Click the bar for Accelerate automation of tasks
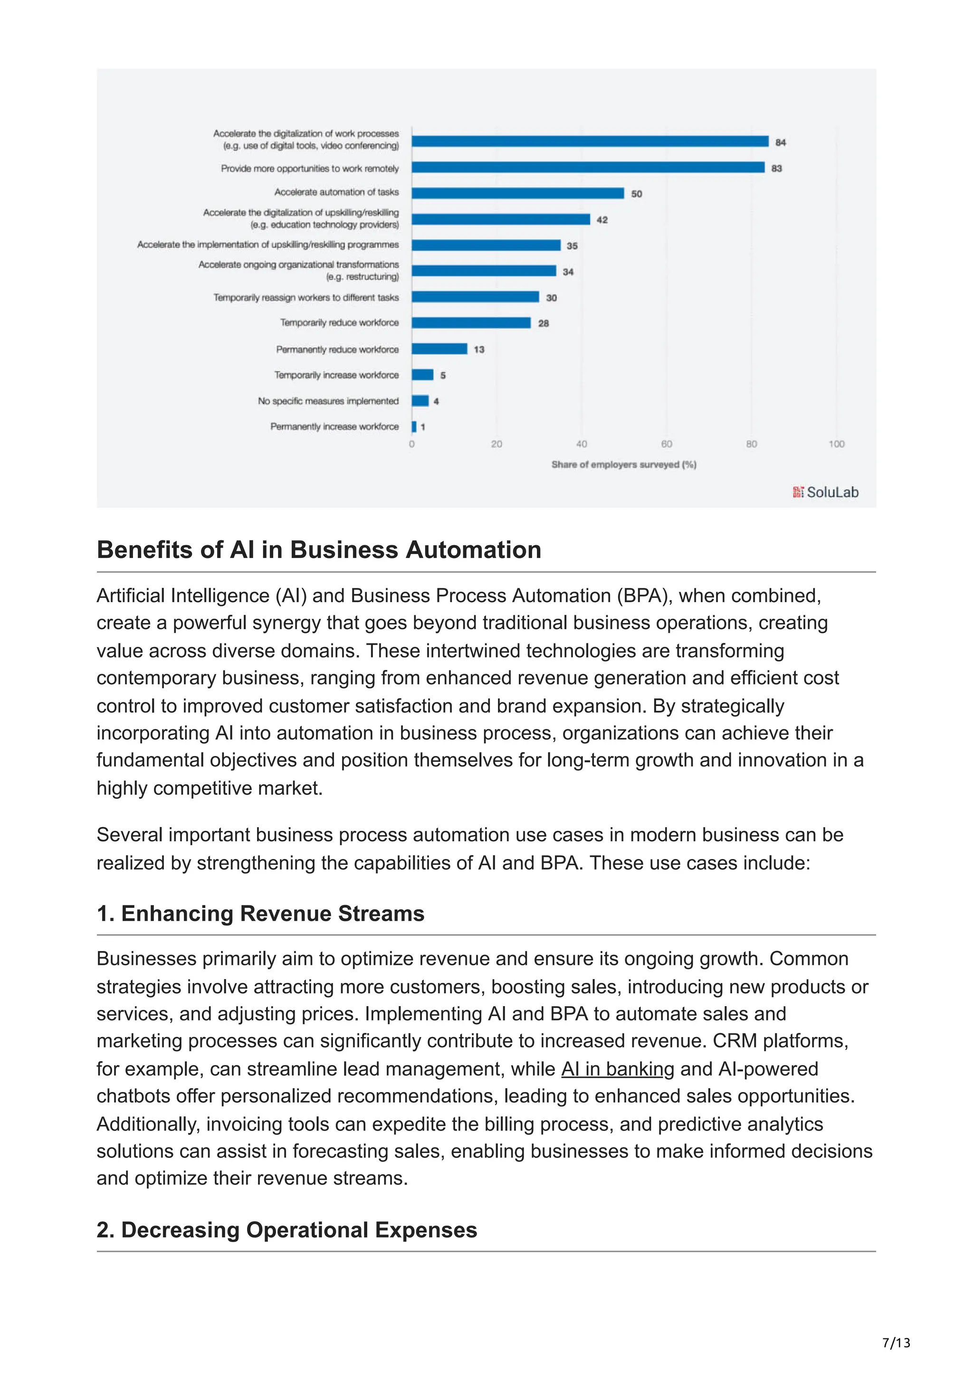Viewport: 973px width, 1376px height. coord(517,193)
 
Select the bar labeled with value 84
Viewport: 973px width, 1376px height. coord(590,141)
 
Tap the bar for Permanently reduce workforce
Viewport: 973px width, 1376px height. coord(439,349)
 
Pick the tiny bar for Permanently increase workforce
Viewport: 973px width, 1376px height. coord(414,427)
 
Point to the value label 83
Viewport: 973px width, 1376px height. coord(776,169)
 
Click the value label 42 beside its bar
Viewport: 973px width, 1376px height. coord(602,220)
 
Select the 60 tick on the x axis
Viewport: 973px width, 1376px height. coord(666,444)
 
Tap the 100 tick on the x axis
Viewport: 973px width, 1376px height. coord(836,444)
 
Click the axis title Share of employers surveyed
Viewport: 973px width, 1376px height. coord(623,464)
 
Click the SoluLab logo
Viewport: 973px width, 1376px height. coord(826,492)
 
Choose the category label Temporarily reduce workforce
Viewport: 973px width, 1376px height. coord(339,322)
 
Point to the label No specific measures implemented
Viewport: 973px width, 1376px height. coord(328,401)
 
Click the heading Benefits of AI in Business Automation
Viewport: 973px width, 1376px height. coord(319,549)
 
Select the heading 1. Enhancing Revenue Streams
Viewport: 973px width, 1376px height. coord(260,914)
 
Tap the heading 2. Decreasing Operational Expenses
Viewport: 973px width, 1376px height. coord(286,1230)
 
